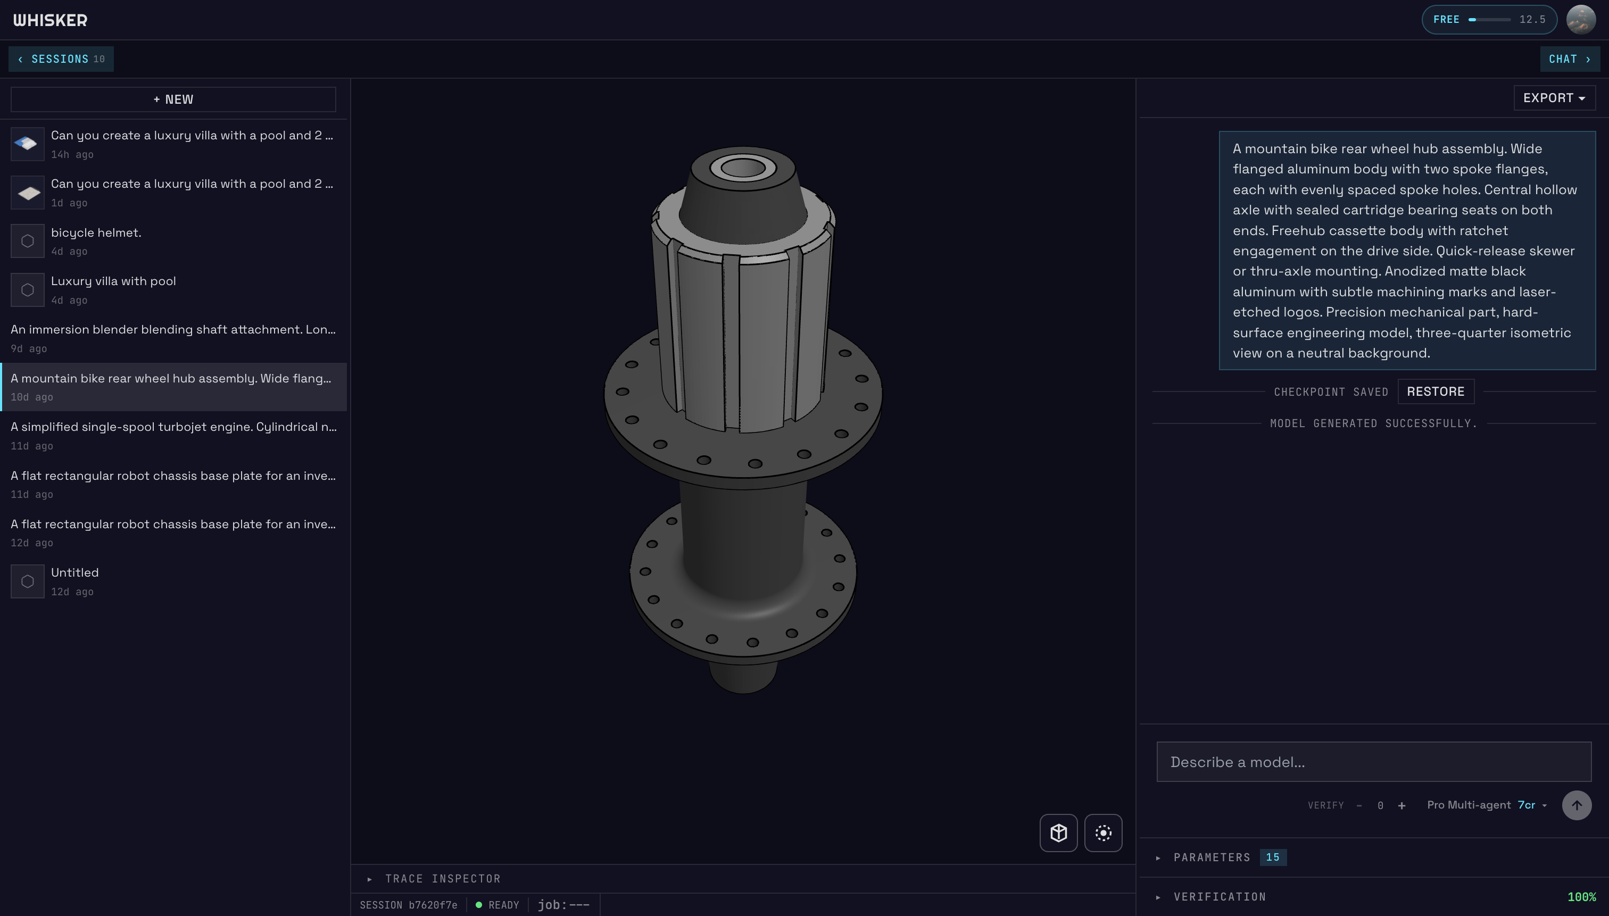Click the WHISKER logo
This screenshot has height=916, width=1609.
click(51, 20)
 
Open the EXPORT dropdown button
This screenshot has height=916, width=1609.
click(1554, 98)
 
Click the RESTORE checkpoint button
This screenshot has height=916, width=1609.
click(1436, 392)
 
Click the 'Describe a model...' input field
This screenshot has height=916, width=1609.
click(1373, 762)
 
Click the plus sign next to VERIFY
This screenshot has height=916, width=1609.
click(1401, 806)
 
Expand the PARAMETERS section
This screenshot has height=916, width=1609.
click(1212, 857)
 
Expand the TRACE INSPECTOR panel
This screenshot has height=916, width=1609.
click(442, 879)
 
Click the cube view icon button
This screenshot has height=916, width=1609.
click(1058, 833)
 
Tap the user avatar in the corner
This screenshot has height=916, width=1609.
click(1580, 20)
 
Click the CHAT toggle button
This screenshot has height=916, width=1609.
click(1569, 59)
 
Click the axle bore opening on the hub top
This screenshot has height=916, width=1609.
click(743, 168)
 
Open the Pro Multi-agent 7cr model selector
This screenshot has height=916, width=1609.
click(1486, 805)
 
